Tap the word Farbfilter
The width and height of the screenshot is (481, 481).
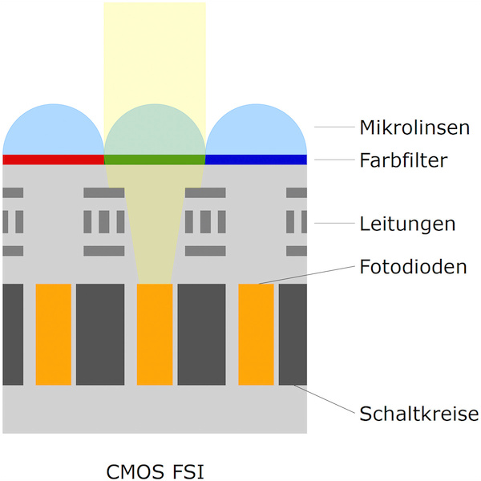[x=402, y=160]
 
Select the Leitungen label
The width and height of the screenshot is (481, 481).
[x=407, y=224]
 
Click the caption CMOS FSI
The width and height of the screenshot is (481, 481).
[x=155, y=469]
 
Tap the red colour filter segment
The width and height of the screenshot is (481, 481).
[x=54, y=160]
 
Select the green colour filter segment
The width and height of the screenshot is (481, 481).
[x=155, y=160]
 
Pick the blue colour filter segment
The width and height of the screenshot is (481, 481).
[x=257, y=160]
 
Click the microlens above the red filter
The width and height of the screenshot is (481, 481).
[x=54, y=132]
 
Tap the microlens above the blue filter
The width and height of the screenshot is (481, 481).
[x=257, y=132]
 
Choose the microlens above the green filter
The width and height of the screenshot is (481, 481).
[x=155, y=132]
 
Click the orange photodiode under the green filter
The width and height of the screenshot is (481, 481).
[x=155, y=333]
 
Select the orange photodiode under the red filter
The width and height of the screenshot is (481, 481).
[x=54, y=333]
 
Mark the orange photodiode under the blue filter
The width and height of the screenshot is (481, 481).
[x=257, y=333]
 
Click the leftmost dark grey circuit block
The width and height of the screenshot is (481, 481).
[x=13, y=333]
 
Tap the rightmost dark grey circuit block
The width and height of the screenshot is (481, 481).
[x=293, y=333]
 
